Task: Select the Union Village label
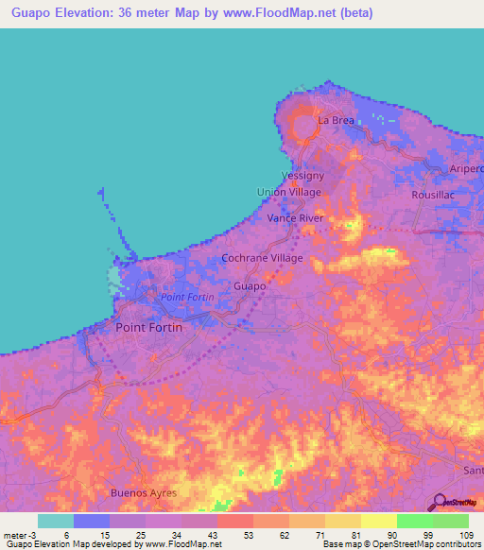[x=289, y=192]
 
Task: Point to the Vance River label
[x=295, y=218]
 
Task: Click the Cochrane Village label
[x=262, y=258]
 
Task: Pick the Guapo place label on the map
[x=249, y=285]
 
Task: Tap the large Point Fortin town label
[x=148, y=327]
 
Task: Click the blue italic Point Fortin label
[x=187, y=298]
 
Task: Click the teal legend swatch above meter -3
[x=55, y=521]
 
